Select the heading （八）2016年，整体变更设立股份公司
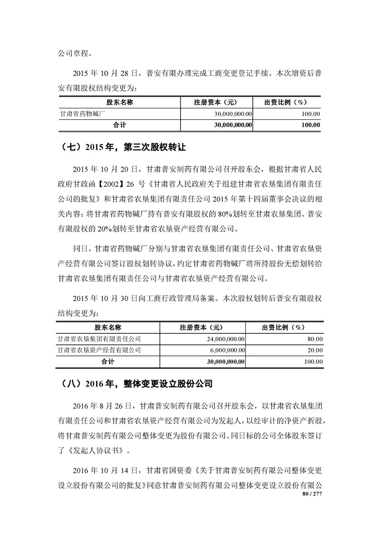coord(137,384)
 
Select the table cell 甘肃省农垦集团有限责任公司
coord(99,339)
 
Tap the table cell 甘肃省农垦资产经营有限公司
coord(99,350)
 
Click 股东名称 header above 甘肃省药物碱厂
coord(119,102)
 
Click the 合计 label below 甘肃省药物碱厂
coord(119,124)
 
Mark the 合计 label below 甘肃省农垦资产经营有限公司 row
coord(108,362)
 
